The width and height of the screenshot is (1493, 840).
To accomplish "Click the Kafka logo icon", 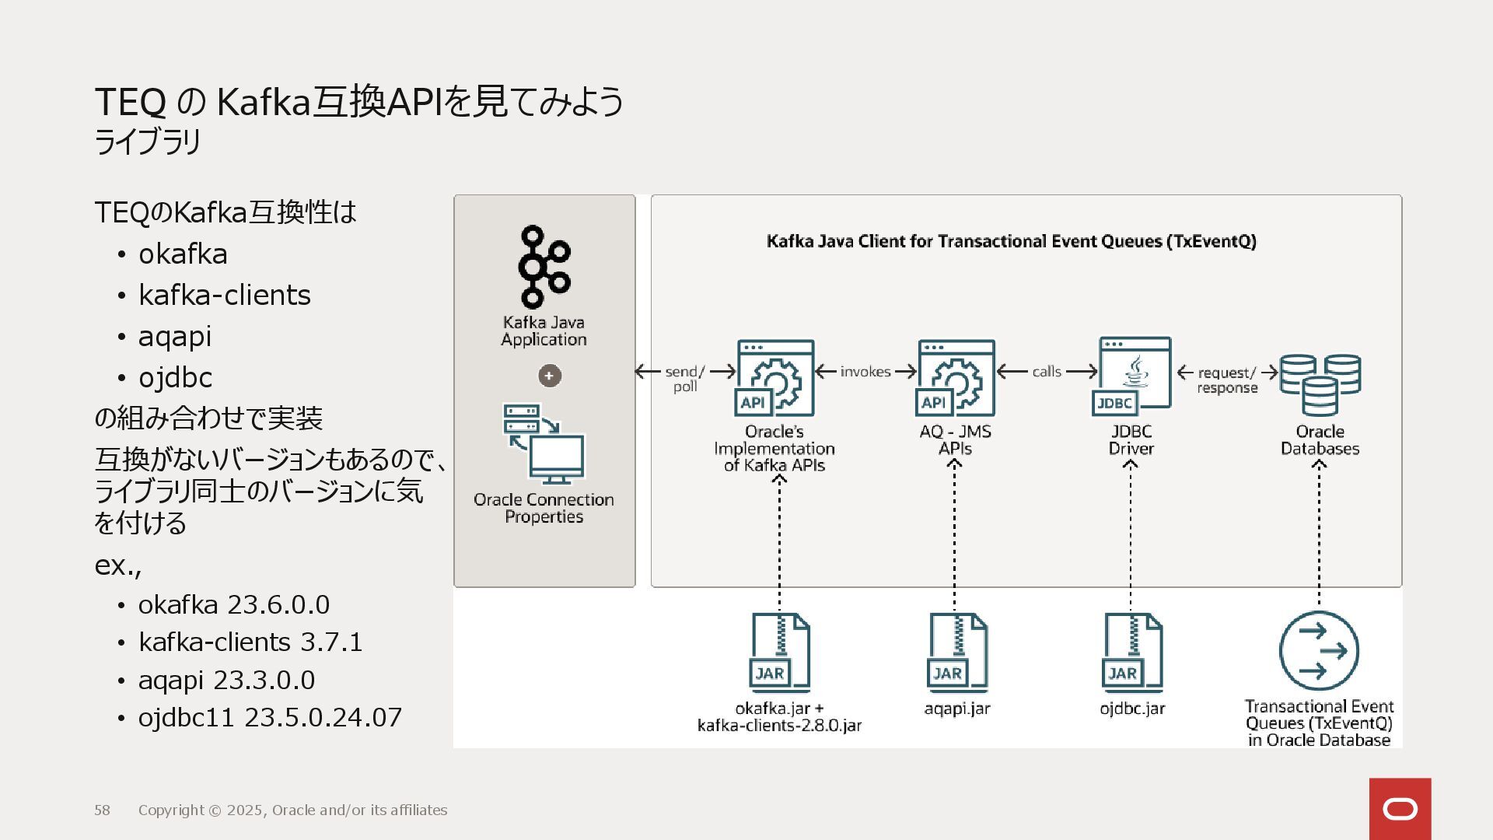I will point(544,267).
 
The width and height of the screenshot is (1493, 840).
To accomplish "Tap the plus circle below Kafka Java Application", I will point(550,376).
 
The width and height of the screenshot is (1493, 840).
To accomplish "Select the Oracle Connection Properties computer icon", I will point(544,444).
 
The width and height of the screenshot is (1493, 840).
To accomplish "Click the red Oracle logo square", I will point(1400,809).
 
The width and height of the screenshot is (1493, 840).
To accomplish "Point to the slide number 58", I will point(103,810).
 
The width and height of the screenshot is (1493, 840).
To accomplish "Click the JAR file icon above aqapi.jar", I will point(957,653).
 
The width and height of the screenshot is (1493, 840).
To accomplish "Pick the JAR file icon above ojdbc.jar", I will point(1132,653).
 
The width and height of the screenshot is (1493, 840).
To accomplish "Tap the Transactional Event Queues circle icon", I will point(1319,651).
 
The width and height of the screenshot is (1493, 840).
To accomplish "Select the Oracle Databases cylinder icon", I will point(1320,384).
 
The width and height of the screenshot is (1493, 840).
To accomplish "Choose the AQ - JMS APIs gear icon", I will point(956,378).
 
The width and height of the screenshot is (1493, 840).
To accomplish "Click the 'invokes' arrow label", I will point(865,372).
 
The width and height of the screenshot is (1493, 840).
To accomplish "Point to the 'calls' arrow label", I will point(1047,372).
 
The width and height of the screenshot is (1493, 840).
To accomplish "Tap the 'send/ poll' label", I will point(685,380).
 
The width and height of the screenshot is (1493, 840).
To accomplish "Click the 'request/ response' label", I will point(1227,380).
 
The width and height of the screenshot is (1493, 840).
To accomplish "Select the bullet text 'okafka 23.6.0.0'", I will point(233,604).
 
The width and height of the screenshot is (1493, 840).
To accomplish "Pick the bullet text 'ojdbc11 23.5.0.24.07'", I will point(270,717).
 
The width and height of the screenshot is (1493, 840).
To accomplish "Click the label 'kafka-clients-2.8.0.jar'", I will point(779,726).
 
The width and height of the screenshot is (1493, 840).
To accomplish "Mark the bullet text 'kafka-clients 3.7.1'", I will point(250,642).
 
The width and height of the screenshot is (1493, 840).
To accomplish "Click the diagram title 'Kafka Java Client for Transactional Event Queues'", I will point(1011,241).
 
